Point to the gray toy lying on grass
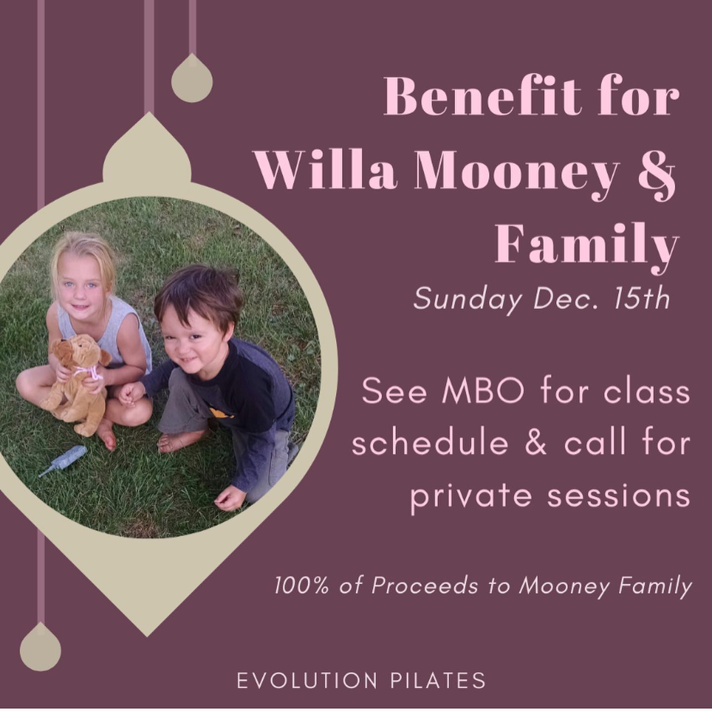63,460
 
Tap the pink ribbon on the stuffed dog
89,371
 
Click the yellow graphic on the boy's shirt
221,412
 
